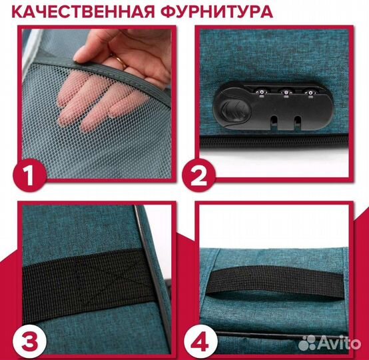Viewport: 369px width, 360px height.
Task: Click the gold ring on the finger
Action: pos(119,61)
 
